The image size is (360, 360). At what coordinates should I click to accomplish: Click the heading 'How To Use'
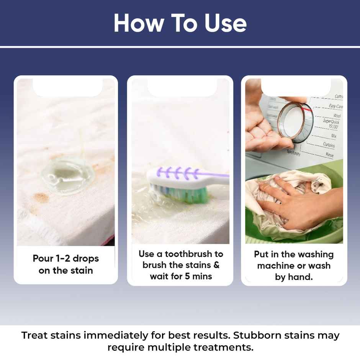180,23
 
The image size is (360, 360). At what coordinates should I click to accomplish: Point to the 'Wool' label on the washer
337,116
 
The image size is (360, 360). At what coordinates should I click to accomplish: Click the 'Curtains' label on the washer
329,145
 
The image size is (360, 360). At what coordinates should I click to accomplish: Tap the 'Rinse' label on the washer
329,155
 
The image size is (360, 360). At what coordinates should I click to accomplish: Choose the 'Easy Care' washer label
335,106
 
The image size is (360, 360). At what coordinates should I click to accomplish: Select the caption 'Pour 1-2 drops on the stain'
66,264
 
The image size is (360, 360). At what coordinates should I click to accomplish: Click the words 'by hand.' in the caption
294,277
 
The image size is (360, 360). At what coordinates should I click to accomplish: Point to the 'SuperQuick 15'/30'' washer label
331,124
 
